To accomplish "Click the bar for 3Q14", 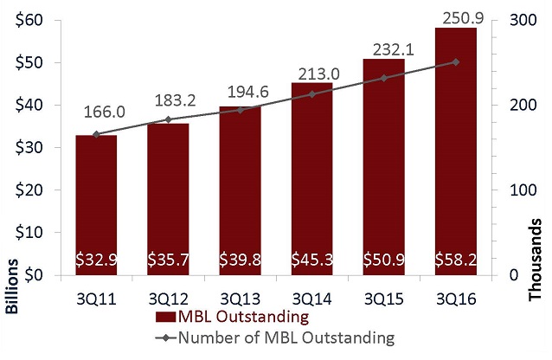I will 311,173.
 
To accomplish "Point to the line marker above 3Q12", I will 168,119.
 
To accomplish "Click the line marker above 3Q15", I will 383,78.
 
